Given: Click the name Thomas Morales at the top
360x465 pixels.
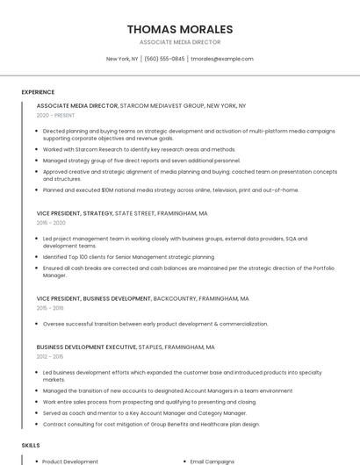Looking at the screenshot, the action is pyautogui.click(x=179, y=29).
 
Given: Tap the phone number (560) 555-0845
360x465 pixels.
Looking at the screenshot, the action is pyautogui.click(x=164, y=59).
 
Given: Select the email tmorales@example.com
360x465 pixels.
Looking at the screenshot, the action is pyautogui.click(x=221, y=59).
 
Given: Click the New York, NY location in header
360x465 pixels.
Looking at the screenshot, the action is pyautogui.click(x=122, y=59).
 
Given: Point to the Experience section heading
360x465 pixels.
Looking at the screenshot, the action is pyautogui.click(x=38, y=92).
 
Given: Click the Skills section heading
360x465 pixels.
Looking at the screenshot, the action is pyautogui.click(x=31, y=446).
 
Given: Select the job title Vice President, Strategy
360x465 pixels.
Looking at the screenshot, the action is pyautogui.click(x=75, y=213).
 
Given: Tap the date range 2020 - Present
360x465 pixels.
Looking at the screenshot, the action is pyautogui.click(x=55, y=116).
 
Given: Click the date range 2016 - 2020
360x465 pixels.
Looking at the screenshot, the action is pyautogui.click(x=51, y=224).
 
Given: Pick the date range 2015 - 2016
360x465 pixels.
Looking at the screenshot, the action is pyautogui.click(x=50, y=309).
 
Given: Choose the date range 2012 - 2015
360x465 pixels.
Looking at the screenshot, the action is pyautogui.click(x=50, y=357).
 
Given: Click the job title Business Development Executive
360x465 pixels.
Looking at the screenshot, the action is pyautogui.click(x=86, y=347).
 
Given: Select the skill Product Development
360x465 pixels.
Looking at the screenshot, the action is pyautogui.click(x=70, y=461).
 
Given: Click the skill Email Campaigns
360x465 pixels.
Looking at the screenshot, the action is pyautogui.click(x=212, y=461).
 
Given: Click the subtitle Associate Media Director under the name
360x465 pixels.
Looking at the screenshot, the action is pyautogui.click(x=179, y=42).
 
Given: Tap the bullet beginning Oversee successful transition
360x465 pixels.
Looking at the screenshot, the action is pyautogui.click(x=155, y=324).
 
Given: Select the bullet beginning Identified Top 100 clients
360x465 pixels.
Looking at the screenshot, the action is pyautogui.click(x=128, y=257).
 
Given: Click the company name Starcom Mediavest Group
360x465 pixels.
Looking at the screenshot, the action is pyautogui.click(x=162, y=105).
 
